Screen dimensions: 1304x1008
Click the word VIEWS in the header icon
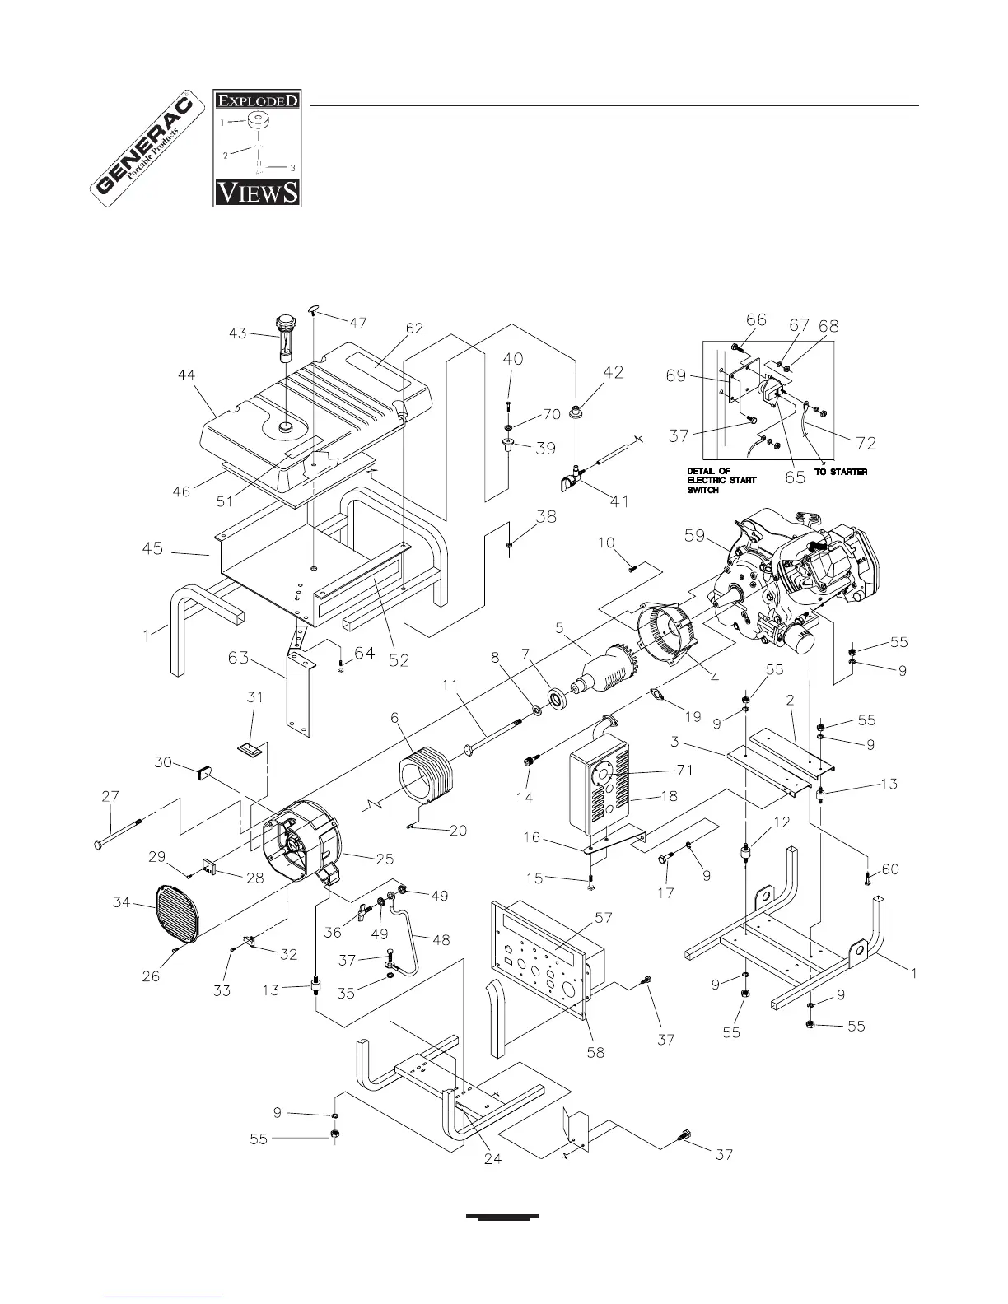257,193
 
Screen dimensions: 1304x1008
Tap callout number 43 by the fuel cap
238,333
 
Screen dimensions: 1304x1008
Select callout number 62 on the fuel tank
413,328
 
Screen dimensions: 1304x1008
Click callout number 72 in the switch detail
866,443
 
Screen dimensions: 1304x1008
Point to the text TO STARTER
841,472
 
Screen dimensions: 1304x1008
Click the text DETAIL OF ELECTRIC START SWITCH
721,480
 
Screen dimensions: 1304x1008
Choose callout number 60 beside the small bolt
890,869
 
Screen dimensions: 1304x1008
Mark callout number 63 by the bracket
238,657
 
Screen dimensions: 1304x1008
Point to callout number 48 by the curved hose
441,939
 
